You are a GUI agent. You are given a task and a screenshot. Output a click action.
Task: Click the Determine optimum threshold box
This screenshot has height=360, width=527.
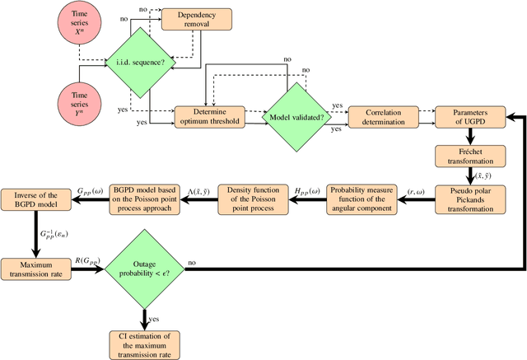click(x=209, y=117)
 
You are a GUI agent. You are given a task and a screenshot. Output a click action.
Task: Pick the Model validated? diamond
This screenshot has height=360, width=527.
click(x=296, y=117)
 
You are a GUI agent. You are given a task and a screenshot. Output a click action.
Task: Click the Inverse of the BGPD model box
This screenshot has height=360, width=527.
click(x=38, y=199)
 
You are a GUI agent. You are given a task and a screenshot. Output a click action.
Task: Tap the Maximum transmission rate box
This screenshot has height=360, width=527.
click(x=38, y=269)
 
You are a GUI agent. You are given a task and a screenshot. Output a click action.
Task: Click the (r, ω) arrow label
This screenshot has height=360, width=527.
click(x=417, y=190)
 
